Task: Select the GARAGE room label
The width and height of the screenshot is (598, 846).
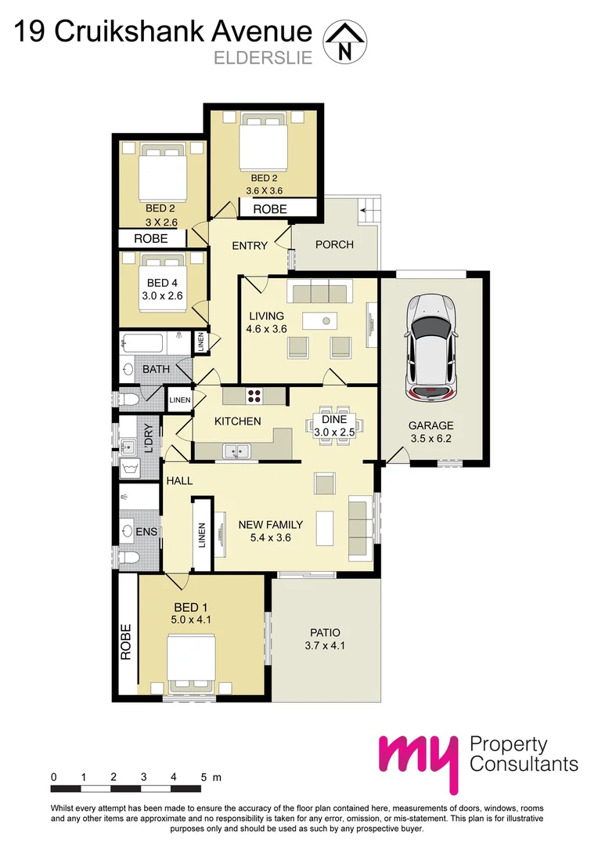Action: point(430,426)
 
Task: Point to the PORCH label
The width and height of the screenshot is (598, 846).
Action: point(334,244)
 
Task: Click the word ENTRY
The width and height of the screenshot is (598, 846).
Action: point(250,245)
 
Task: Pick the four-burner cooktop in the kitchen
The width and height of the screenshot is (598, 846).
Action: point(254,396)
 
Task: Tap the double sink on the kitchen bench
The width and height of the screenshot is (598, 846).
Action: point(235,450)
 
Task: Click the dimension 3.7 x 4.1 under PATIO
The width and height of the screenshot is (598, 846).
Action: point(325,646)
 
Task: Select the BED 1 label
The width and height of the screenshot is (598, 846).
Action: point(192,606)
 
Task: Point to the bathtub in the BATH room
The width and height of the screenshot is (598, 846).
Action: point(143,343)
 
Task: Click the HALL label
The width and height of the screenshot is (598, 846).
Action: point(179,481)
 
